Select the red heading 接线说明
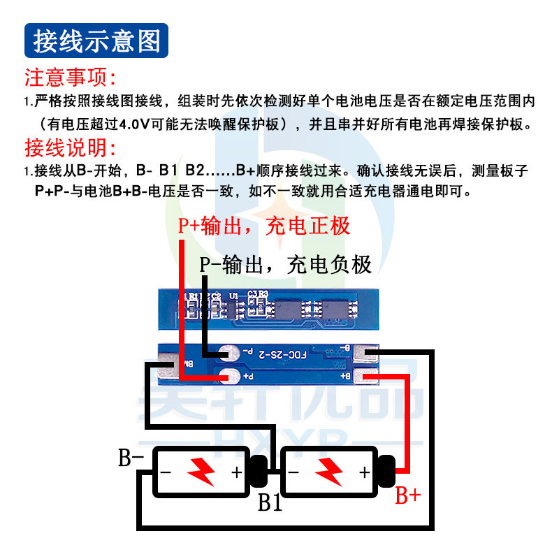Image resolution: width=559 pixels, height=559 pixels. [70, 148]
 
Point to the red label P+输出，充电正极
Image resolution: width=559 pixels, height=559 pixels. [263, 226]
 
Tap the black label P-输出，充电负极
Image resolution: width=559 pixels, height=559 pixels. [285, 264]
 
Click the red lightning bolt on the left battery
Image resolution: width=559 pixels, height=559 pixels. [201, 472]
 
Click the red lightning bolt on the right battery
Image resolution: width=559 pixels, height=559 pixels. [328, 472]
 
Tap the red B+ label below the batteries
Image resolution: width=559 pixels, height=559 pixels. [408, 496]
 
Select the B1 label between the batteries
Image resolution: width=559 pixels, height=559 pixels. [270, 502]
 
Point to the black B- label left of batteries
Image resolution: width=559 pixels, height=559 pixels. [131, 458]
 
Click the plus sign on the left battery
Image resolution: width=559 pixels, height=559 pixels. [237, 472]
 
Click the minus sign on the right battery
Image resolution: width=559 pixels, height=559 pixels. [294, 472]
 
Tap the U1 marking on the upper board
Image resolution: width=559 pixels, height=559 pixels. [233, 296]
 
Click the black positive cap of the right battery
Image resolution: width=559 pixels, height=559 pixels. [386, 472]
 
